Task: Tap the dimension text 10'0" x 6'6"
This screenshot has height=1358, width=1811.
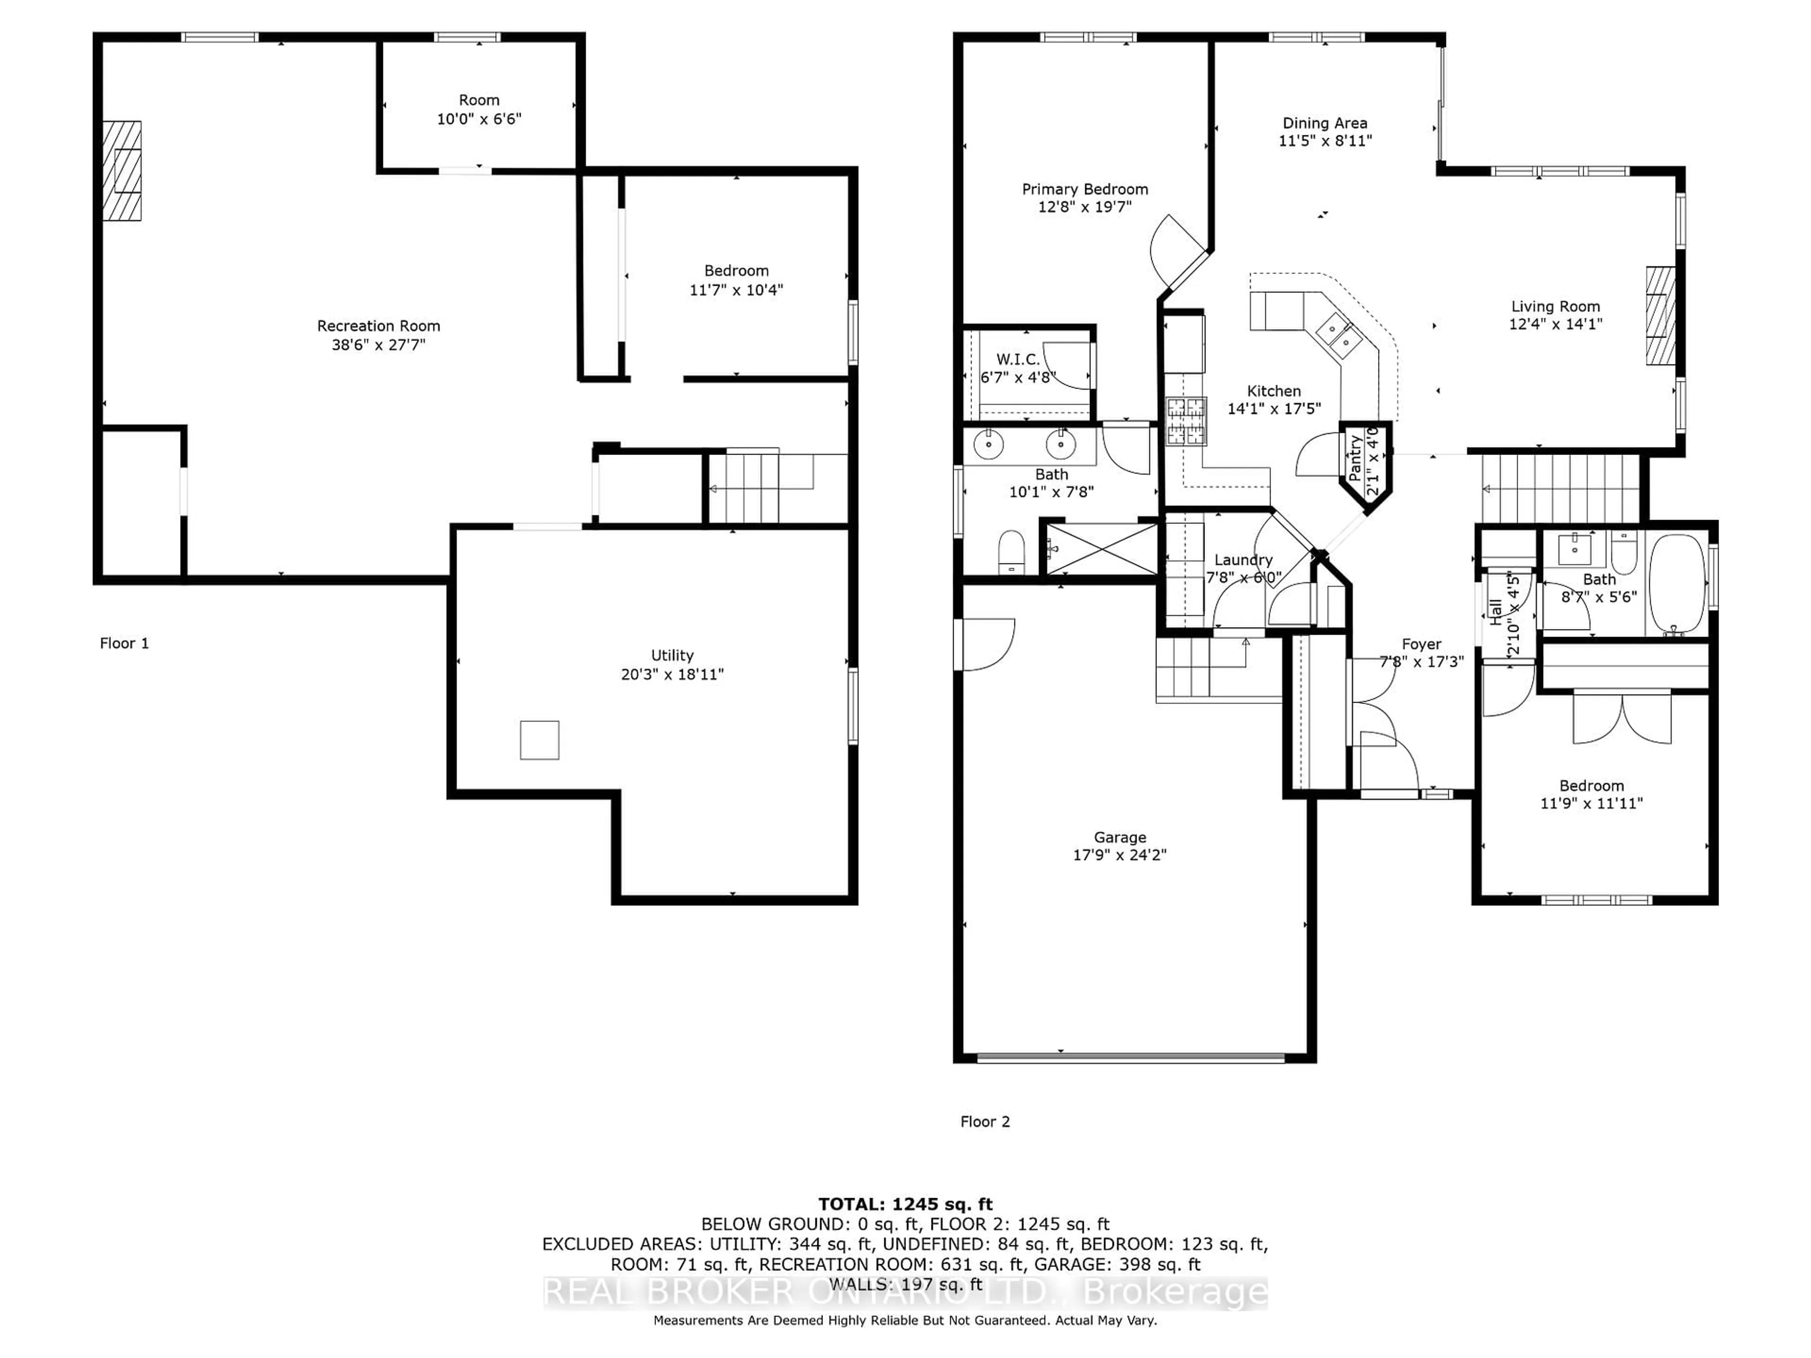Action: click(479, 119)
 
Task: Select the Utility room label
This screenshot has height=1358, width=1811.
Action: click(672, 655)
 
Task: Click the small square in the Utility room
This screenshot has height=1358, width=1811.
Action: click(540, 740)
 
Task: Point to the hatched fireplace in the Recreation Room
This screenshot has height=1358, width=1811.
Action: click(123, 170)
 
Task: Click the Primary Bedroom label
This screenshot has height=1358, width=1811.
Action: click(1085, 189)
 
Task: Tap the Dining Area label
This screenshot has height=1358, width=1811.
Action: click(1325, 123)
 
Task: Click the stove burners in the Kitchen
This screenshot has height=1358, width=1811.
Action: click(1186, 421)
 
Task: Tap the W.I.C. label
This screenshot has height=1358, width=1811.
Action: click(1018, 359)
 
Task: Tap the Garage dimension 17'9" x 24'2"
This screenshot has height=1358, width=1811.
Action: click(1119, 854)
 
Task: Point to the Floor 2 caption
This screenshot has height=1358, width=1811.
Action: click(985, 1121)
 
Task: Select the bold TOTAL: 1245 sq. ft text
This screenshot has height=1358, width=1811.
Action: click(905, 1204)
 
